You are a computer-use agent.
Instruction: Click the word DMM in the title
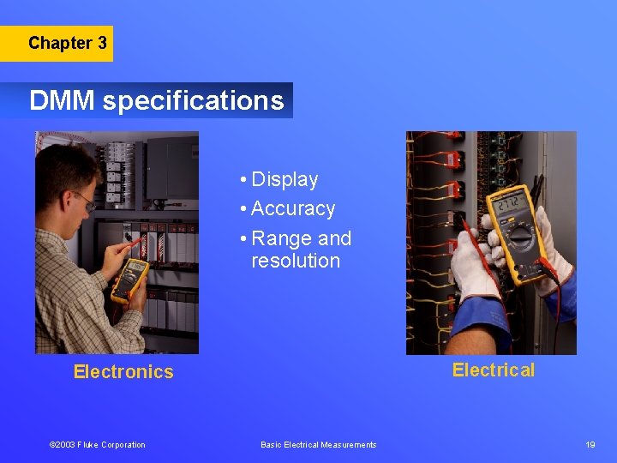pos(63,101)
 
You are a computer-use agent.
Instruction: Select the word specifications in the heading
pos(193,101)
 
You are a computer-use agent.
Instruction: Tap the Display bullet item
pos(284,179)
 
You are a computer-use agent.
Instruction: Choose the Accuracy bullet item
pos(292,208)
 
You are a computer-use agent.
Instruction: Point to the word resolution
pos(296,260)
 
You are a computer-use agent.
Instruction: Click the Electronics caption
pos(123,371)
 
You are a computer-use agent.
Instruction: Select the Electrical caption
pos(493,370)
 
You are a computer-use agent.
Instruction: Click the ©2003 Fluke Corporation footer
pos(97,444)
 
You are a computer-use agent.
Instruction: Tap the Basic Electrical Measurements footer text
pos(318,444)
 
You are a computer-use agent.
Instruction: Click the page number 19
pos(590,444)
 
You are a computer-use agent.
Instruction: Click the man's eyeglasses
pos(83,201)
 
